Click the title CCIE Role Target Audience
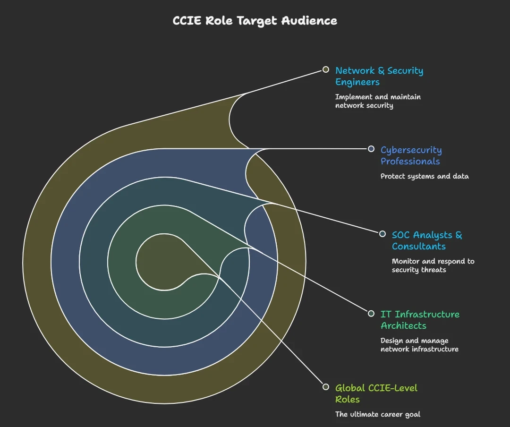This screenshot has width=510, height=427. click(x=255, y=21)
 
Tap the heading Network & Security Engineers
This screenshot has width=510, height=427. click(x=379, y=76)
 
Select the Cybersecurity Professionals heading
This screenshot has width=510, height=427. click(x=411, y=155)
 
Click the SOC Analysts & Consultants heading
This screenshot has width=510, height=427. click(x=427, y=240)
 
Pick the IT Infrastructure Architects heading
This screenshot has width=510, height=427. click(x=420, y=320)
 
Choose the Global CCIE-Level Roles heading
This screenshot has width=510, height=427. click(x=376, y=393)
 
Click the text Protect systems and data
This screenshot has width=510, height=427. click(x=425, y=176)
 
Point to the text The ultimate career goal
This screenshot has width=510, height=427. click(x=377, y=414)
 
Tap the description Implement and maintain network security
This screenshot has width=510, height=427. click(x=378, y=101)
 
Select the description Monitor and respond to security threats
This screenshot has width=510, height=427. click(x=433, y=265)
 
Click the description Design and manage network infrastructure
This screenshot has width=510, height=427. click(x=419, y=345)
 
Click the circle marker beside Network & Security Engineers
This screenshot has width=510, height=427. click(x=325, y=69)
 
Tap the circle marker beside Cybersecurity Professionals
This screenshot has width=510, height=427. click(x=371, y=149)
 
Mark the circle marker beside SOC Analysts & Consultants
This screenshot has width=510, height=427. click(x=382, y=234)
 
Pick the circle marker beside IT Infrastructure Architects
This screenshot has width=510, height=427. click(x=371, y=313)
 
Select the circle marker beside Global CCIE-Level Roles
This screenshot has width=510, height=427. click(x=325, y=387)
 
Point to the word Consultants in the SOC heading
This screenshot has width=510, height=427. click(x=418, y=247)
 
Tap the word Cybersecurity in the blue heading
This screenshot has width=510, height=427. click(x=411, y=150)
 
